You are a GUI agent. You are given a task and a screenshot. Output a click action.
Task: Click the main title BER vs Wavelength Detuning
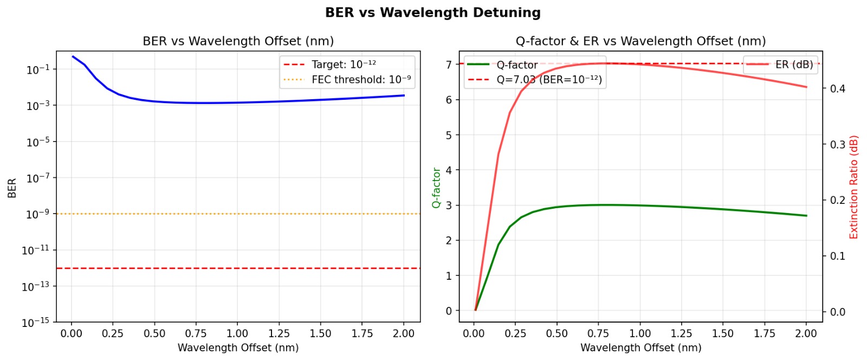coord(432,12)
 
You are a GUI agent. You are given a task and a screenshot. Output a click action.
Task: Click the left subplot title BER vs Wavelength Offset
coord(238,41)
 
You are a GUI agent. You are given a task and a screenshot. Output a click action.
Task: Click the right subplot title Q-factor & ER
coord(640,41)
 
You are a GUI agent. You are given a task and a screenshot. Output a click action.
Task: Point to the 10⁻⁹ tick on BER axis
coord(37,214)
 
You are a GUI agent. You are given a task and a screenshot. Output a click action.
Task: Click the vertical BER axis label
coord(12,188)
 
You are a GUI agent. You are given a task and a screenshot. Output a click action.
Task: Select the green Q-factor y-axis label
coord(436,188)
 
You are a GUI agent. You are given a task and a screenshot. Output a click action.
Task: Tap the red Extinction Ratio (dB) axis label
coord(854,188)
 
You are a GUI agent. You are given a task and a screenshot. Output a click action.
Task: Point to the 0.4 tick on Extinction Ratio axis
coord(837,89)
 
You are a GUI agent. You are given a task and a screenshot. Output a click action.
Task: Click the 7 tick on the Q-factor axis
coord(449,65)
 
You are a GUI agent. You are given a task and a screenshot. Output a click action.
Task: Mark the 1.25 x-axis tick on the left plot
coord(279,333)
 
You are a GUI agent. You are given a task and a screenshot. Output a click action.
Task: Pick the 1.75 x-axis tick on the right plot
coord(764,333)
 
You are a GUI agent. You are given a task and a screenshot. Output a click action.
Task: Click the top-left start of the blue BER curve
coord(73,56)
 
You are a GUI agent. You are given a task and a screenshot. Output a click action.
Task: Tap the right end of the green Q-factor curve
coord(806,216)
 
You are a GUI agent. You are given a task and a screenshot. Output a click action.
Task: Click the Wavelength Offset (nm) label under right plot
coord(640,348)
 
